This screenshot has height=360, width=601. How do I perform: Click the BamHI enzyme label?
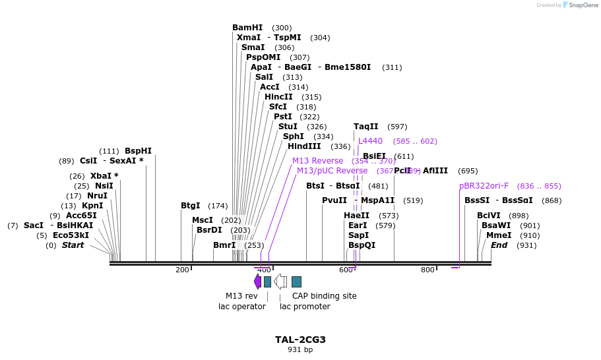point(247,28)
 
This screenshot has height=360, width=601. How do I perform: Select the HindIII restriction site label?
point(304,146)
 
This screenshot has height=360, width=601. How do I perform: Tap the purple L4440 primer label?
point(370,141)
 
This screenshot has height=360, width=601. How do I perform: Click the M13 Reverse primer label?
point(317,161)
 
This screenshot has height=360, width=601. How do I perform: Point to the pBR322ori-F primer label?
point(484,186)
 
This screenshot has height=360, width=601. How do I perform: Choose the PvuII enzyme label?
point(334,200)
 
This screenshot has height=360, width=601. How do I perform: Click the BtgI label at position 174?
point(190,206)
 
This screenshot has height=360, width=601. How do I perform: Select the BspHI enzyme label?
point(138,151)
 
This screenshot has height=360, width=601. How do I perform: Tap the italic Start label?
point(73,245)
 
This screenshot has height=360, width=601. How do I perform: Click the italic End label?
point(499,245)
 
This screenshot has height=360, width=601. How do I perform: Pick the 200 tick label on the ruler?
point(182,270)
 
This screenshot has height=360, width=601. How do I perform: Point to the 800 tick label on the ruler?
point(427,270)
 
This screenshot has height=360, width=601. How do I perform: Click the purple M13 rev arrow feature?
point(257,282)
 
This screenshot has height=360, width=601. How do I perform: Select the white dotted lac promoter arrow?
point(280,282)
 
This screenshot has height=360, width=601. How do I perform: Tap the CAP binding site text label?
point(324,296)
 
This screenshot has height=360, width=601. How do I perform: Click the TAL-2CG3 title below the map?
point(300,340)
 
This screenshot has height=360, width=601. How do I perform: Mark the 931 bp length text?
point(300,350)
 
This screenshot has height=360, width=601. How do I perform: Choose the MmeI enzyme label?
point(499,235)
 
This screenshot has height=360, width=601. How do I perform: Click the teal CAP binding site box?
point(296,282)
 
